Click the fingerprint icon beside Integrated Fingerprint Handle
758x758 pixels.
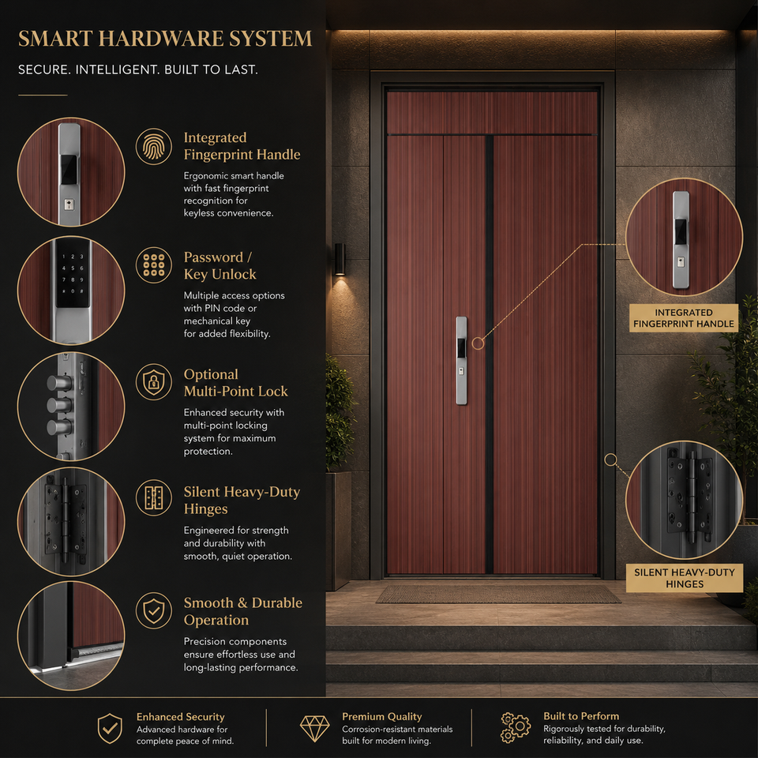click(154, 146)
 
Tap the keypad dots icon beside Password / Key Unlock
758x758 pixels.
click(154, 265)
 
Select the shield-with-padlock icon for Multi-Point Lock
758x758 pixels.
click(154, 382)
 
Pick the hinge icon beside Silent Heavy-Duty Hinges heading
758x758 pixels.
click(154, 498)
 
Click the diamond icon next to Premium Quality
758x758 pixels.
click(315, 728)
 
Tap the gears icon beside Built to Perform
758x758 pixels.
click(516, 727)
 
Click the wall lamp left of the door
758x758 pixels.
click(340, 259)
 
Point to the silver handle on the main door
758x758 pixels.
click(462, 361)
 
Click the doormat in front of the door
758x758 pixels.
click(498, 594)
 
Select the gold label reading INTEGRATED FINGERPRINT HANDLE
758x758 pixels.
click(684, 318)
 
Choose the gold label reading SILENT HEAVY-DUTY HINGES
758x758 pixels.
click(685, 578)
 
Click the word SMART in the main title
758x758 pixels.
click(55, 39)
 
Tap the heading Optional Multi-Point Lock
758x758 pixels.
click(236, 382)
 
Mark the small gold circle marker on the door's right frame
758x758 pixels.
click(610, 460)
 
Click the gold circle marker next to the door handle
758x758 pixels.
click(478, 343)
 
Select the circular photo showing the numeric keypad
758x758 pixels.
click(71, 291)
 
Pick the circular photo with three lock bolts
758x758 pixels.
click(71, 407)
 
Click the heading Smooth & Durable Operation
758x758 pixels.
click(243, 611)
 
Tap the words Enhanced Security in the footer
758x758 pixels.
click(180, 716)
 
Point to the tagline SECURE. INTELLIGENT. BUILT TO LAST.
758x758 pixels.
click(137, 69)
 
